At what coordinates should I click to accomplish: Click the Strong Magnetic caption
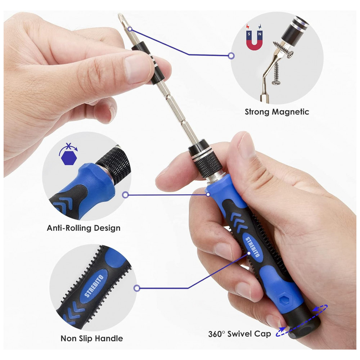coord(277,112)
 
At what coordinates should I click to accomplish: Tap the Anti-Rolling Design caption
coord(84,228)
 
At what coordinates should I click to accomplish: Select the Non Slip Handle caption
coord(91,338)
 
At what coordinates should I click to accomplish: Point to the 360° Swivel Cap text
coord(239,334)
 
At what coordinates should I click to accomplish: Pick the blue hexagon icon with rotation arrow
coord(68,154)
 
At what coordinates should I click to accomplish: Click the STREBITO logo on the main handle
coord(252,247)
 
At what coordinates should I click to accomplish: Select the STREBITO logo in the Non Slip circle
coord(94,286)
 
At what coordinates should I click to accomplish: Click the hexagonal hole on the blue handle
coord(285,299)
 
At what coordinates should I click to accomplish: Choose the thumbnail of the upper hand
coord(136,68)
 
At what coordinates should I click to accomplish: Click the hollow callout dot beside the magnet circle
coord(231,55)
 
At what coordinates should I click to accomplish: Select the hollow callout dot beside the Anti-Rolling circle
coord(125,195)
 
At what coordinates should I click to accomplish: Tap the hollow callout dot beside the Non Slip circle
coord(137,288)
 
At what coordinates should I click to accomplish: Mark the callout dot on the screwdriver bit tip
coord(130,29)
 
